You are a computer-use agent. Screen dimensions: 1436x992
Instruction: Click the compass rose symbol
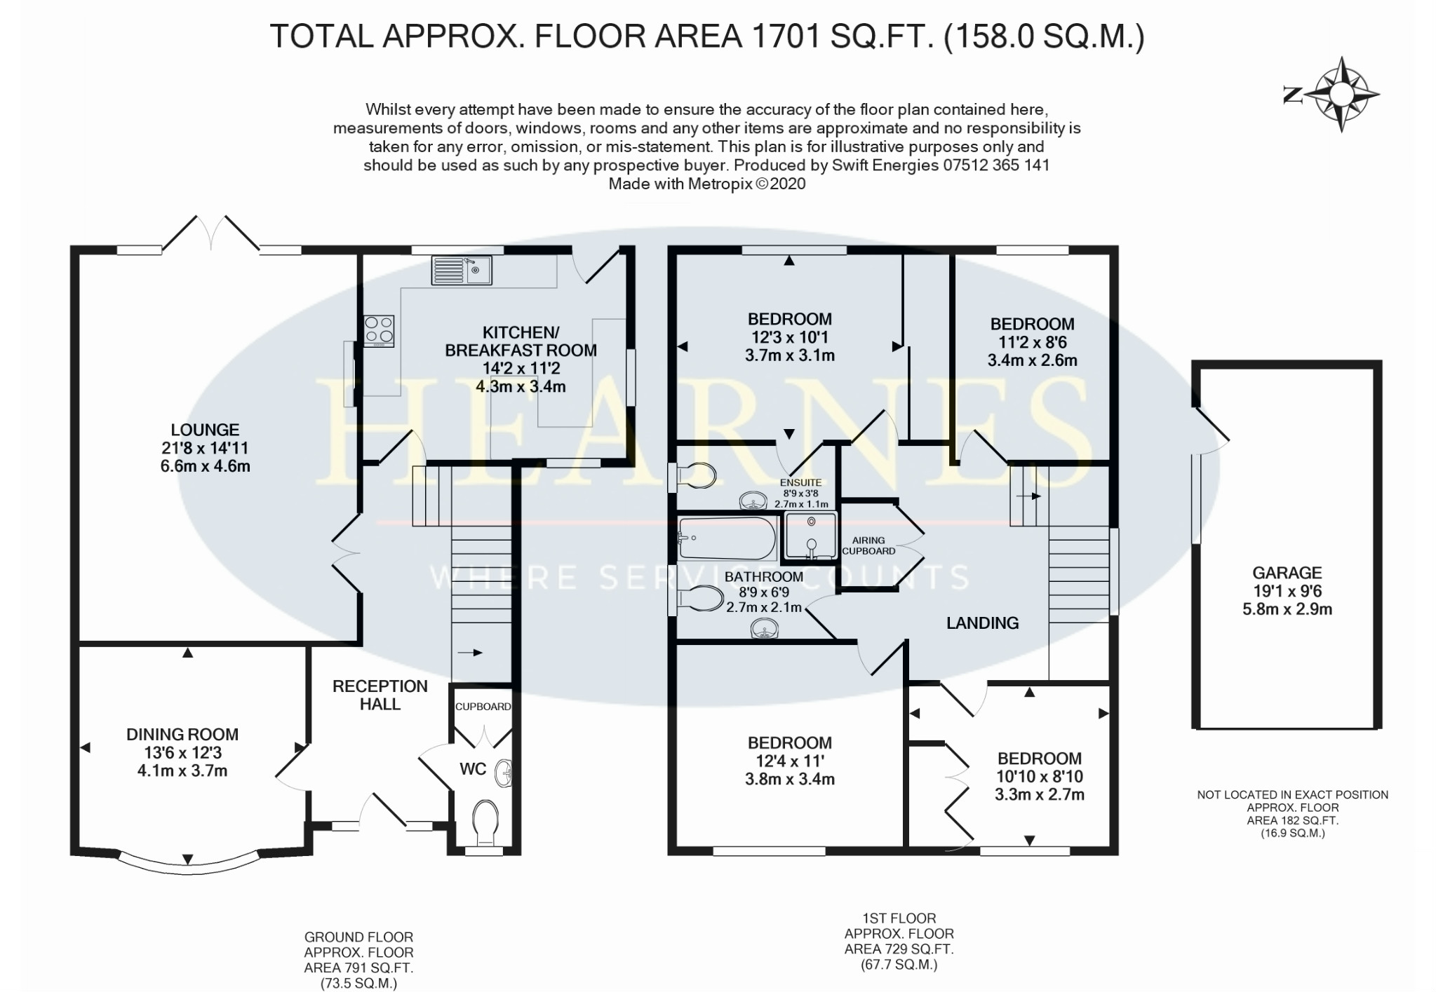point(1341,94)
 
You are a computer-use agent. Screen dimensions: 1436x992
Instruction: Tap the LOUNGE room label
point(205,430)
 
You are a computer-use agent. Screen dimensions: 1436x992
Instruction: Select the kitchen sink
point(462,271)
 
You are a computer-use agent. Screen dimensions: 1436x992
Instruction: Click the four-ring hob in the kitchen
point(379,331)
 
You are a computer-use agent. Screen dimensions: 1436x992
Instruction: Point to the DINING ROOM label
point(182,734)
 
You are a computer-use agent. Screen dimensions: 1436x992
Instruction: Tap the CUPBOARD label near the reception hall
point(483,706)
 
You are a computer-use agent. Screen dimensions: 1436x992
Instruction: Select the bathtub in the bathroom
point(727,538)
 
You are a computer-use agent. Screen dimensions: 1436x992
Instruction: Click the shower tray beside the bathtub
point(810,536)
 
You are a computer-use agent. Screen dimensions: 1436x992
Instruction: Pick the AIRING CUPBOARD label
point(868,545)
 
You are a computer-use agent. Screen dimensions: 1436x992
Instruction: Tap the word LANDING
point(982,623)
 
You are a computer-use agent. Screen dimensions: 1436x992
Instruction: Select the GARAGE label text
point(1287,573)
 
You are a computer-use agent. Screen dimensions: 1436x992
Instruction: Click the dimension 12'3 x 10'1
point(790,337)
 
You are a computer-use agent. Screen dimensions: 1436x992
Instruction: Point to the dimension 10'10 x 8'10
point(1040,777)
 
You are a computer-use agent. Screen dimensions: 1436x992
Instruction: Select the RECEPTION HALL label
point(380,695)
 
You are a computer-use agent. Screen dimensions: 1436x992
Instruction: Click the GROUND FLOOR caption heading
point(358,937)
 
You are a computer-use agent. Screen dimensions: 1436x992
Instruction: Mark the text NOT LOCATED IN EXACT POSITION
point(1293,794)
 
